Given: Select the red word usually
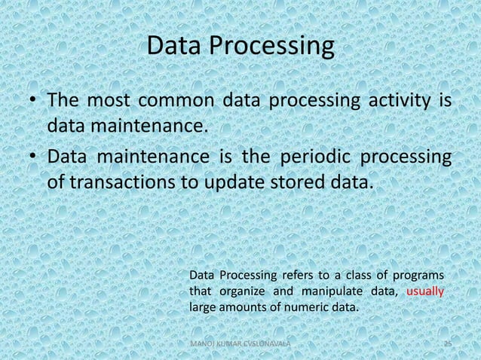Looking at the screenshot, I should tap(424, 291).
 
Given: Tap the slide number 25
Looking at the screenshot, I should tap(447, 343).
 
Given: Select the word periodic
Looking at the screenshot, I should tap(315, 157).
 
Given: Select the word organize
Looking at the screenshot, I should tap(238, 291).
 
